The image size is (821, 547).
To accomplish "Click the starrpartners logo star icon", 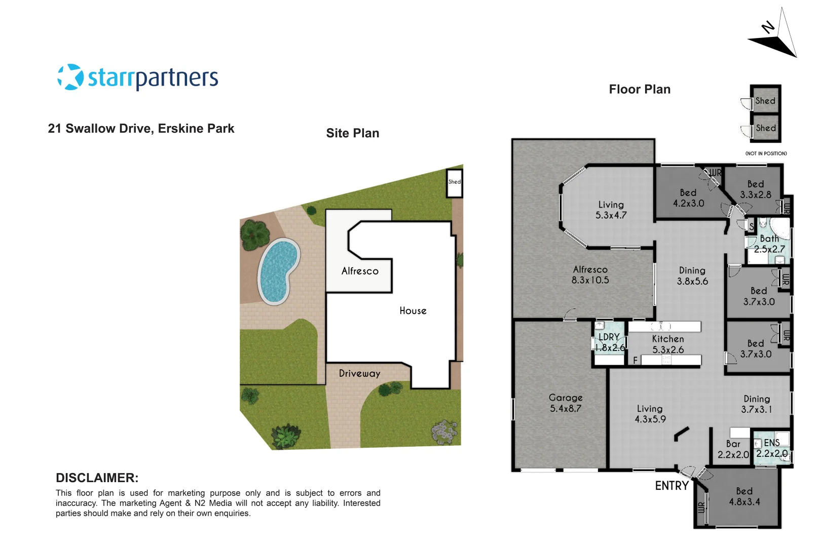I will [70, 77].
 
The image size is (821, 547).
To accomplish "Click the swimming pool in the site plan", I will [277, 271].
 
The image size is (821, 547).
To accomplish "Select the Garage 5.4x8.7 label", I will [566, 403].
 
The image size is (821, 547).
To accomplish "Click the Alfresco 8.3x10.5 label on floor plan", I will [590, 275].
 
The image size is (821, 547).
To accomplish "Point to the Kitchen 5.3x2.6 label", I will [667, 344].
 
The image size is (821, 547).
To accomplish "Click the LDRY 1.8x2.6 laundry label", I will [610, 342].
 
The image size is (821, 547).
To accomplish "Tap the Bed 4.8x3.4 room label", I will [744, 496].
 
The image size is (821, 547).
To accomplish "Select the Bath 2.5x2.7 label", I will [769, 244].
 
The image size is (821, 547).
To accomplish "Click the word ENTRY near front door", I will [671, 486].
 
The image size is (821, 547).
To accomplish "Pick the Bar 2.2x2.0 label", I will [733, 449].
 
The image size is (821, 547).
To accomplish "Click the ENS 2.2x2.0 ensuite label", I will [772, 448].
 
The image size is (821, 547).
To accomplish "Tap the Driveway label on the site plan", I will [359, 374].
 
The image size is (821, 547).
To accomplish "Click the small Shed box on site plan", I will [454, 183].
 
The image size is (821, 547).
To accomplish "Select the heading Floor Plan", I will [640, 90].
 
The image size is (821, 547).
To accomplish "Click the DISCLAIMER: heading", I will [97, 478].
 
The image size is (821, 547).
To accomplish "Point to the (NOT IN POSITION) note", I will [766, 153].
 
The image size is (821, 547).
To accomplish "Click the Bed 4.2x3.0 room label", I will [688, 198].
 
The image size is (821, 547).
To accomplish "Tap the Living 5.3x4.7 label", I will [611, 210].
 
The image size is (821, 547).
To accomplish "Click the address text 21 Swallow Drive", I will [141, 129].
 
